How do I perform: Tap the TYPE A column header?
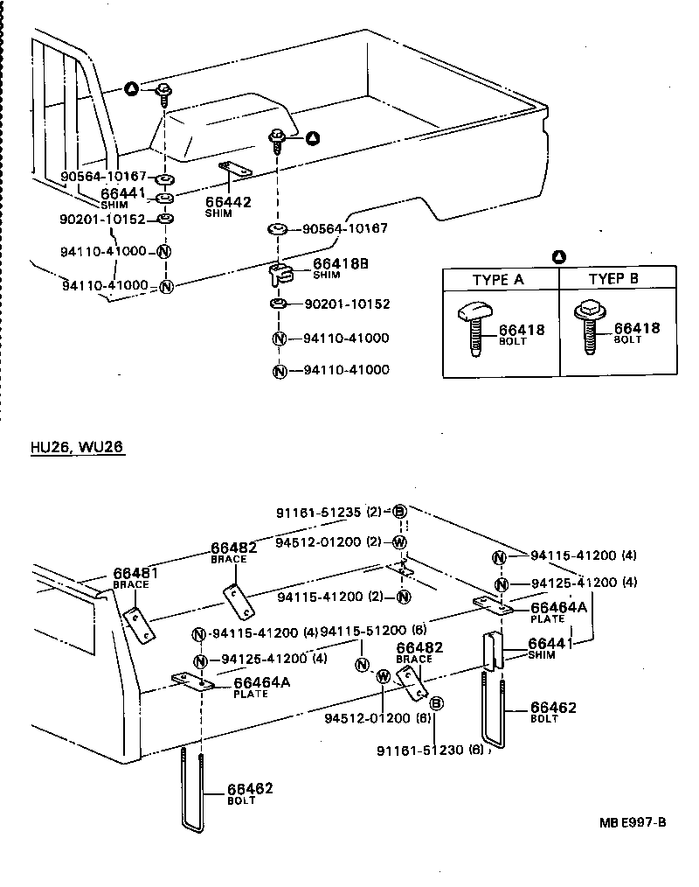[x=498, y=280]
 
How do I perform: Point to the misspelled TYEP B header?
[x=613, y=280]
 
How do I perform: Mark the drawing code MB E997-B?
[x=633, y=821]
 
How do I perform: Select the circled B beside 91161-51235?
[x=399, y=513]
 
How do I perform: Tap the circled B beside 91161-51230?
[x=437, y=703]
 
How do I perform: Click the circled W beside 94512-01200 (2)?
[x=399, y=542]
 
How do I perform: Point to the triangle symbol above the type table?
[x=559, y=257]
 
